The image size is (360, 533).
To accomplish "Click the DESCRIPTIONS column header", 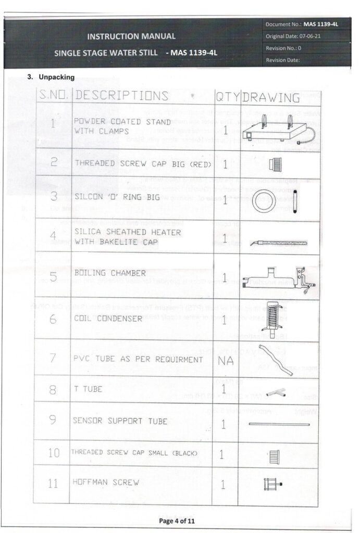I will click(x=121, y=96).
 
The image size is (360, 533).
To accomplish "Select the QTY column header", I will click(x=227, y=97).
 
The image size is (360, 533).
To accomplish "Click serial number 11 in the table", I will click(x=53, y=483).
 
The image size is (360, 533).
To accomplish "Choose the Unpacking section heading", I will click(x=51, y=77).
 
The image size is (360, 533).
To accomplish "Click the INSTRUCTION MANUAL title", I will click(x=131, y=36).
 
